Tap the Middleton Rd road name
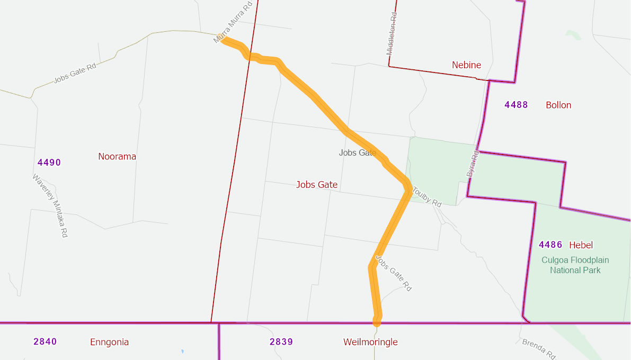[392, 34]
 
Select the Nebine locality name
[466, 65]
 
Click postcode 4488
[516, 105]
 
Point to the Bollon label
[558, 105]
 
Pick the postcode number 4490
[49, 163]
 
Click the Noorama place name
[117, 157]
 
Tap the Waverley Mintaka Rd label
[50, 205]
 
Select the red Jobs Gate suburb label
[317, 185]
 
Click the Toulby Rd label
[426, 196]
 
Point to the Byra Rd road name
[472, 164]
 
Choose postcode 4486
[550, 245]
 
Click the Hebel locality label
[581, 245]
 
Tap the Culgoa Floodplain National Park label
[575, 265]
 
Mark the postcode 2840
[45, 341]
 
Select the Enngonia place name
[109, 342]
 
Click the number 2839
[281, 341]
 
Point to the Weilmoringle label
[370, 342]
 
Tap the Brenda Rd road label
[539, 349]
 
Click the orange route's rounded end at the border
[377, 321]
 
